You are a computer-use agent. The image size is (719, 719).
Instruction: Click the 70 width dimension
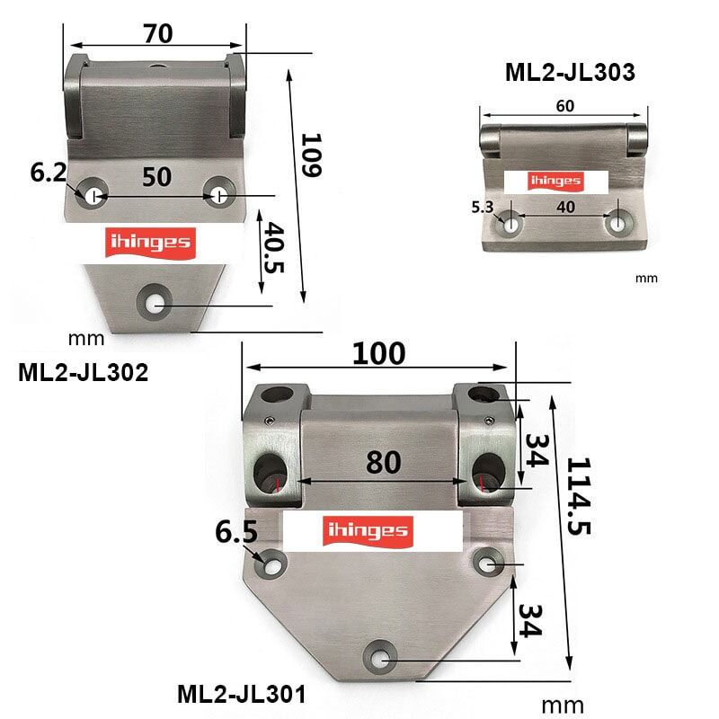click(157, 32)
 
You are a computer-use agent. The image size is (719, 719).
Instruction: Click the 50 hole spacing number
click(156, 176)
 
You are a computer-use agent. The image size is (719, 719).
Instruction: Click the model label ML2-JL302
click(83, 372)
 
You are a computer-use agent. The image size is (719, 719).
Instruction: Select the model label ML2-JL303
click(570, 73)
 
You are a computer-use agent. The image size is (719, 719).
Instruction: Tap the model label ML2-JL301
click(242, 694)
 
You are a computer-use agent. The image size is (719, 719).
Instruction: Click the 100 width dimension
click(377, 353)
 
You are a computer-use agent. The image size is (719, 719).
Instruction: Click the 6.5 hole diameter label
click(236, 533)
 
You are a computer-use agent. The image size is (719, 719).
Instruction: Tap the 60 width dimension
click(564, 106)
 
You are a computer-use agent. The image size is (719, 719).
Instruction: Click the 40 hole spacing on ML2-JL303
click(565, 207)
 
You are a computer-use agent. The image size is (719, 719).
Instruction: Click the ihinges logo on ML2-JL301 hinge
click(372, 530)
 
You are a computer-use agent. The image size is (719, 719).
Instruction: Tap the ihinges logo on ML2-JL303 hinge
click(556, 181)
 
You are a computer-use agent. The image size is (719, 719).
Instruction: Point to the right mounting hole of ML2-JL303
click(618, 223)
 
